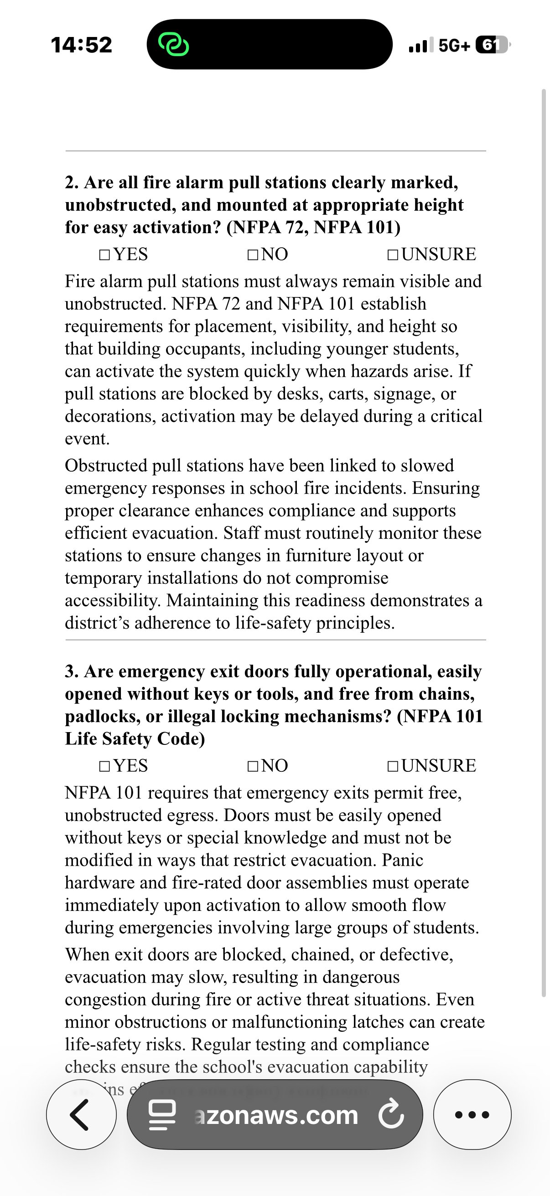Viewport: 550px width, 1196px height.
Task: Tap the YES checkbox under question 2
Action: pos(105,255)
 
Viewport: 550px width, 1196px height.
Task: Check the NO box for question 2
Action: pos(253,255)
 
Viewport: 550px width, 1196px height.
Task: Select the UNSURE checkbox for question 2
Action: pos(393,255)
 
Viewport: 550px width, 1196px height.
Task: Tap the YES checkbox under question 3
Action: pos(105,766)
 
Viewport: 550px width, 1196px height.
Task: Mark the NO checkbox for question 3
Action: pos(253,766)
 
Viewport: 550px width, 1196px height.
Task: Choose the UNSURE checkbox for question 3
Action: pos(393,766)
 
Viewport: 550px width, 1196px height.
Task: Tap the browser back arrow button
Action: pos(81,1114)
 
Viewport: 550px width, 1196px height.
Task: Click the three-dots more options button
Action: pos(472,1114)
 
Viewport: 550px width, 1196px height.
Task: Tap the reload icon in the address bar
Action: pos(391,1114)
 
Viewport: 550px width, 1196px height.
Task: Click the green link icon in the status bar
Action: pos(174,45)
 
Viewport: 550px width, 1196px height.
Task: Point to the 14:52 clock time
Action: pos(82,45)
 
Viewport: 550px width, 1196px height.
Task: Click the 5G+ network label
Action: pos(454,45)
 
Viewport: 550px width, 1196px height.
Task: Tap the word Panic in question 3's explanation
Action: pos(402,860)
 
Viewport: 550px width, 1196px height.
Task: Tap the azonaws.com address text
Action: pos(277,1115)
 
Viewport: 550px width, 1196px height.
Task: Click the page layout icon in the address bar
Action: pos(162,1114)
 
